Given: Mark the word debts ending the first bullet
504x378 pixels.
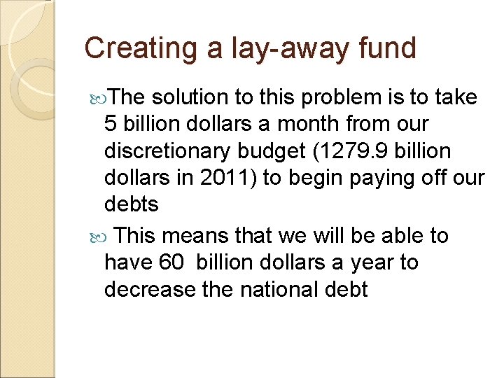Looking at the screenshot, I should (132, 204).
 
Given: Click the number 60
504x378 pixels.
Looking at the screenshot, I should (172, 262).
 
